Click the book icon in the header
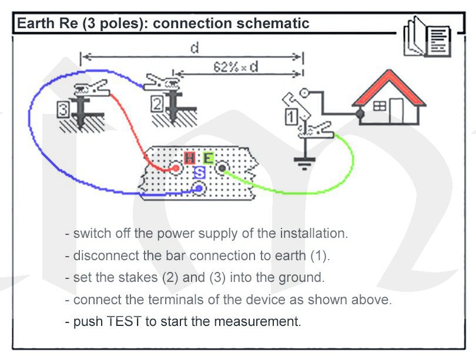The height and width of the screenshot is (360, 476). tap(427, 37)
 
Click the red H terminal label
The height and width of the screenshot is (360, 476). tap(190, 158)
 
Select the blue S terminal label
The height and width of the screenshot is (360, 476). tap(199, 172)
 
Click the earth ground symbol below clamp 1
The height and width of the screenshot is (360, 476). tap(303, 162)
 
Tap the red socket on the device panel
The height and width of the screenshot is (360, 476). tap(175, 169)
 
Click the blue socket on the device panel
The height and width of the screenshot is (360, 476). tap(200, 188)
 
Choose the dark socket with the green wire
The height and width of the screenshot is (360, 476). tap(222, 169)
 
